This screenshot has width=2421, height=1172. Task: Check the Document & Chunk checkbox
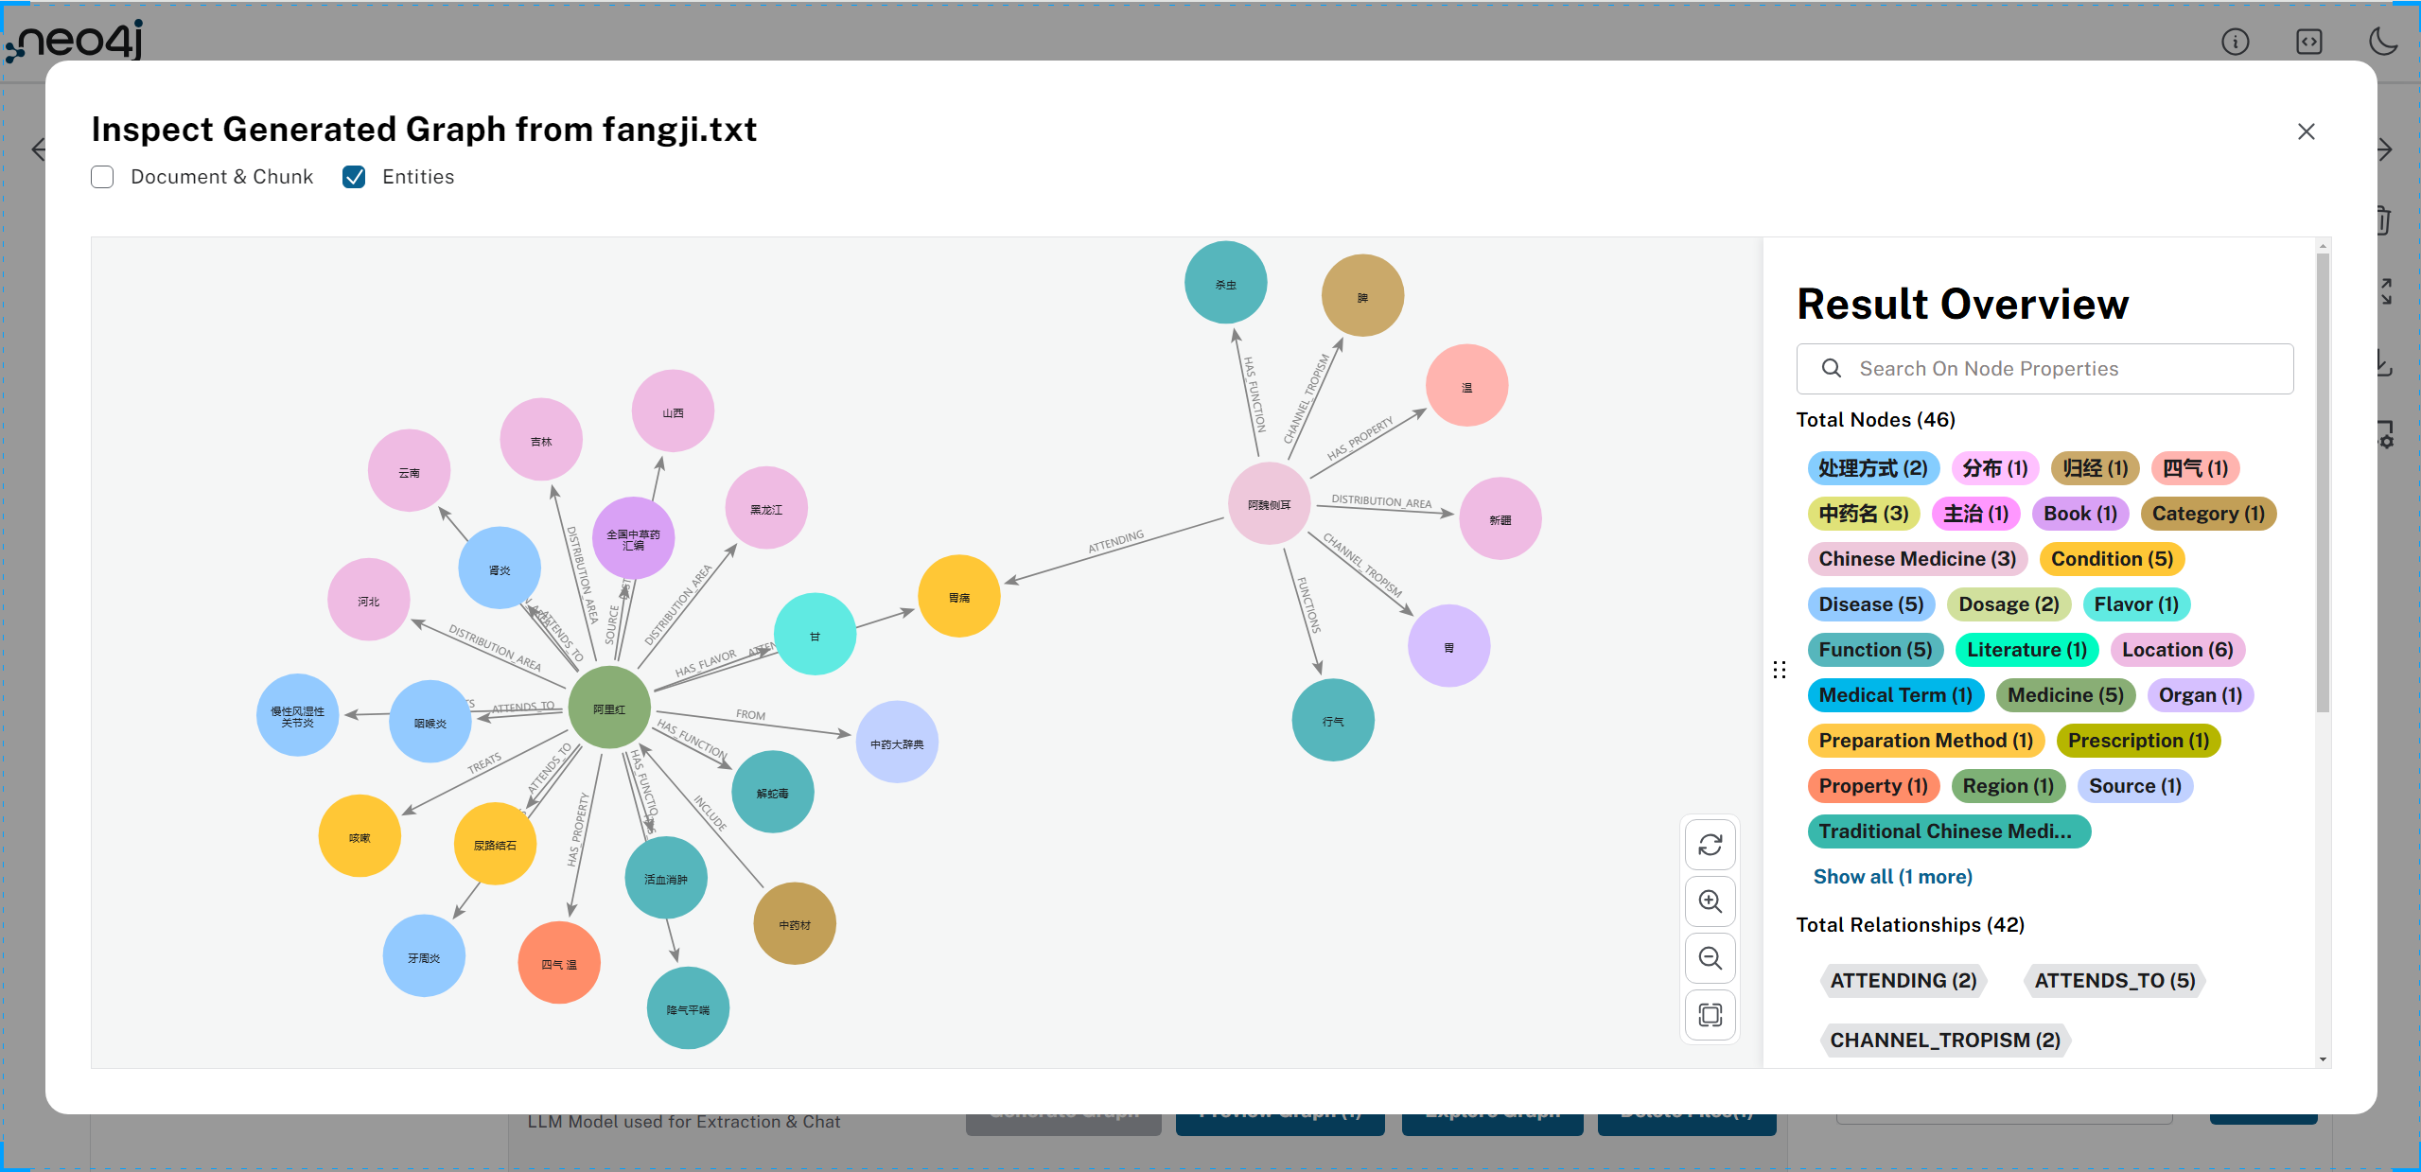click(x=102, y=177)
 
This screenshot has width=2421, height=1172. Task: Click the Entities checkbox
click(x=354, y=177)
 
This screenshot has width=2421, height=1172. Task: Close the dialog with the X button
click(x=2306, y=131)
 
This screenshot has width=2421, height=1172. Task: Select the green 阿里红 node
click(x=609, y=708)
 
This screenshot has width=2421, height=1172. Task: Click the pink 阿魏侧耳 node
click(x=1269, y=504)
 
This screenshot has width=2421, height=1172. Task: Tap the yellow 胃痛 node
click(x=958, y=597)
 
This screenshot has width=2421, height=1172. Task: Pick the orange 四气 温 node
click(x=558, y=963)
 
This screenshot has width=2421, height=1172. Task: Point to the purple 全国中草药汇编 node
click(x=633, y=538)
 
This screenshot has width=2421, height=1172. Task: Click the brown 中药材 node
click(x=794, y=924)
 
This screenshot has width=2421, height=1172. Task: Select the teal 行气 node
click(x=1332, y=721)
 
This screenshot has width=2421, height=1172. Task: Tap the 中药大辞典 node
click(x=896, y=743)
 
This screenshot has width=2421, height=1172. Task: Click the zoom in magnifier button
click(x=1710, y=901)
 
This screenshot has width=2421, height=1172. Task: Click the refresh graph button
click(x=1710, y=845)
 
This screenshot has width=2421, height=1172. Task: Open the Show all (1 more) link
click(x=1892, y=877)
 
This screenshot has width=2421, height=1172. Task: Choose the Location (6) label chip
click(x=2176, y=650)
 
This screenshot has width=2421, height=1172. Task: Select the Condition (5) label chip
click(x=2111, y=559)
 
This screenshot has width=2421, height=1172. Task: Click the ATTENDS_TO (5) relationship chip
click(x=2114, y=981)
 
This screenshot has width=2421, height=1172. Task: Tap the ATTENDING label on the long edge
click(x=1115, y=541)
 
